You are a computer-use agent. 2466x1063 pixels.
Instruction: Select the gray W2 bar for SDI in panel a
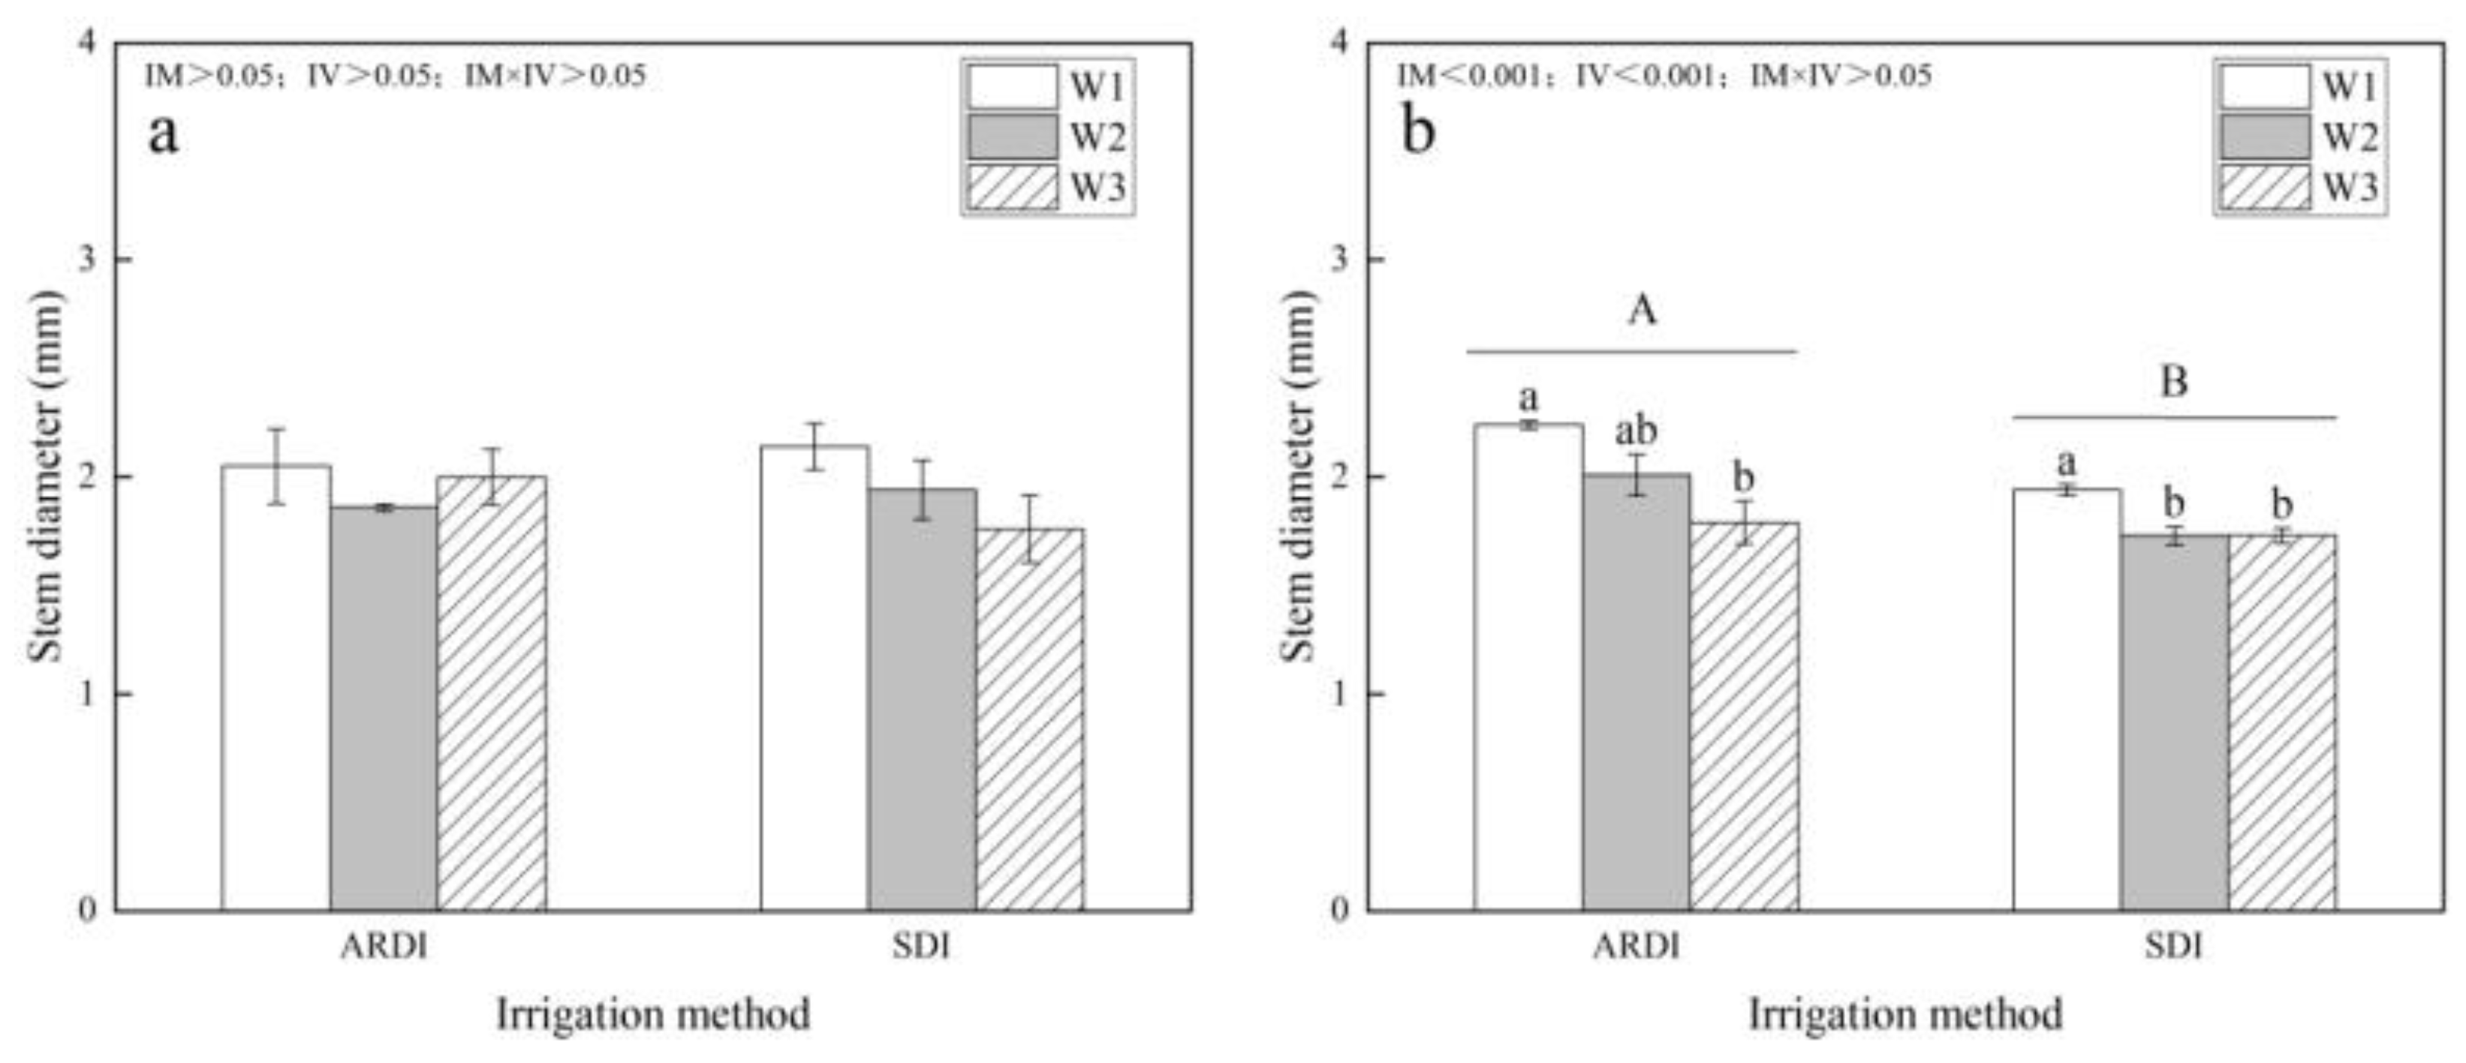(x=922, y=698)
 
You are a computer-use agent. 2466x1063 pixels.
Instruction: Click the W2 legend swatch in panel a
(x=1012, y=137)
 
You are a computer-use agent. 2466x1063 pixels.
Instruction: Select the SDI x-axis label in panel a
(x=921, y=946)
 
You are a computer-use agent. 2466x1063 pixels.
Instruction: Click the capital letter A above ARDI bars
(x=1641, y=310)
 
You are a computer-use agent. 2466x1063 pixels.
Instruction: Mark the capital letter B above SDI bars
(x=2173, y=382)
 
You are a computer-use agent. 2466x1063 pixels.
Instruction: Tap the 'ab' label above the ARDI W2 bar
(x=1636, y=431)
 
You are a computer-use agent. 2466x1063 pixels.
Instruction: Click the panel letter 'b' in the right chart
(x=1418, y=131)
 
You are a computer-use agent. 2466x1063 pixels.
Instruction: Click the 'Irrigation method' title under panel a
(x=653, y=1014)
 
